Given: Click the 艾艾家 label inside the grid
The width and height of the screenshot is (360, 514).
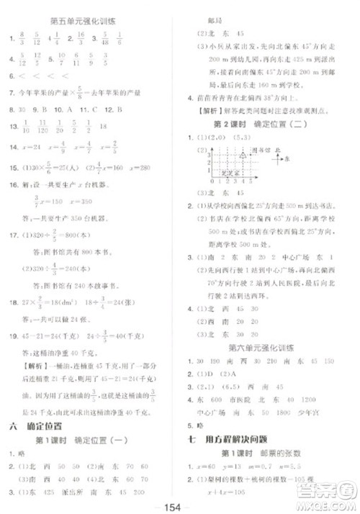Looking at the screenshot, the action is pos(232,173).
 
